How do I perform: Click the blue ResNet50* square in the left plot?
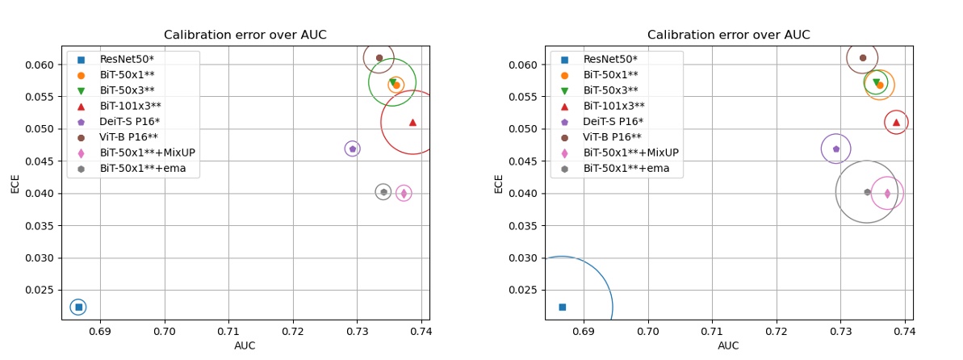click(x=78, y=307)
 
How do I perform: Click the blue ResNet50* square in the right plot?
click(x=562, y=307)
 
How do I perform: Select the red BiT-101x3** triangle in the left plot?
click(x=412, y=122)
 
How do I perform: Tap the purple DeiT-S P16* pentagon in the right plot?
click(x=836, y=149)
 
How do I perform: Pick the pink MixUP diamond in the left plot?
click(x=404, y=193)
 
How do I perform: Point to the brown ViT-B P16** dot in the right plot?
click(x=863, y=57)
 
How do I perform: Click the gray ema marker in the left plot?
click(x=383, y=192)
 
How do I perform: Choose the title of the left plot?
click(x=245, y=35)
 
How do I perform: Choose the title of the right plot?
click(x=729, y=35)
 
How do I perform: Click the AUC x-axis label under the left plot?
click(x=245, y=345)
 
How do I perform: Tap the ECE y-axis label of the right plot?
click(x=498, y=183)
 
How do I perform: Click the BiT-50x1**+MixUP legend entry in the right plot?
click(x=630, y=153)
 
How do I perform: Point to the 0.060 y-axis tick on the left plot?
click(x=40, y=65)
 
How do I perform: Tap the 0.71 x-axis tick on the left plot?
click(x=228, y=331)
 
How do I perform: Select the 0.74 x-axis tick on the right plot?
click(x=904, y=331)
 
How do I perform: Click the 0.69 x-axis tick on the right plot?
click(x=584, y=331)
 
